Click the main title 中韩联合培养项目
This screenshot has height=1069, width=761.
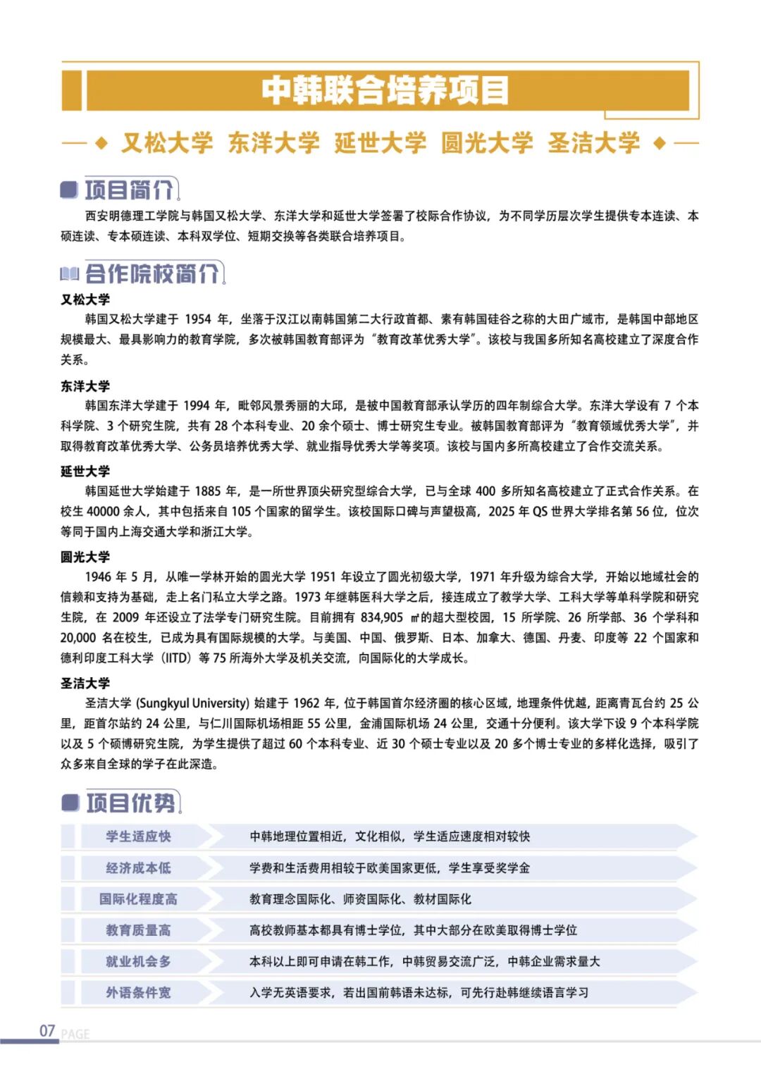pos(385,90)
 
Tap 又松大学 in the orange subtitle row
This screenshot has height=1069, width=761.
pos(167,143)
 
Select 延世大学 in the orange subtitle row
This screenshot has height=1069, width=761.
pos(380,143)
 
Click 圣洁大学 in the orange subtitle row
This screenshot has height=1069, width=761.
pos(594,143)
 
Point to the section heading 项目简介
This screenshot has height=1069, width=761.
pos(129,190)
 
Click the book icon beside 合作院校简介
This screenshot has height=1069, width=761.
pos(70,273)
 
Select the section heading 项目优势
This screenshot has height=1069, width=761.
pos(131,803)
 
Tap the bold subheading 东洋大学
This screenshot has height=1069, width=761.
pos(85,386)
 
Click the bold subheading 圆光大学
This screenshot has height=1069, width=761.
pos(85,557)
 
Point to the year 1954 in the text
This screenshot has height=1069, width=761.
pos(198,319)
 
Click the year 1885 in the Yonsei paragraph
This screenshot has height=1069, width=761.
pos(208,491)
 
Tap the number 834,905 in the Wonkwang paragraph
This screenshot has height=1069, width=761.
pos(382,618)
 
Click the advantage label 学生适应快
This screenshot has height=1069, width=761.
pos(138,836)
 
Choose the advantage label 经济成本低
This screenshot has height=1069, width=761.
pos(138,868)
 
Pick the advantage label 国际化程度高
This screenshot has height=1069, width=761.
pos(138,899)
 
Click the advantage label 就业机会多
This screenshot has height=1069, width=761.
pos(138,962)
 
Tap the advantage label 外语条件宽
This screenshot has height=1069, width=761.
pos(138,993)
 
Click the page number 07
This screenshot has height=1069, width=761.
pos(47,1031)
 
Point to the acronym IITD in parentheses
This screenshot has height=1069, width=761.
pos(176,658)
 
